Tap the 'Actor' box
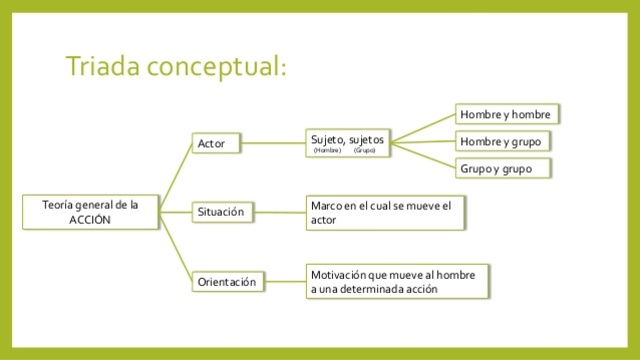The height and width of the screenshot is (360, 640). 216,144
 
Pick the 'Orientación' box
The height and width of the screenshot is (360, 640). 227,282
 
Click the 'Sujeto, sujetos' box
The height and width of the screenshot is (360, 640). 348,142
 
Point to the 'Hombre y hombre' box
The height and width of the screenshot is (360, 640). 505,113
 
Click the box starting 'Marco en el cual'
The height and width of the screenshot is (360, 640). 386,212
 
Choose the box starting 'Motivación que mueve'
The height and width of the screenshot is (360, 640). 397,281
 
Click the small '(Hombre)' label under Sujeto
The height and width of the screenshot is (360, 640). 327,150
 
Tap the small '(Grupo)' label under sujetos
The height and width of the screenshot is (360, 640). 364,150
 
